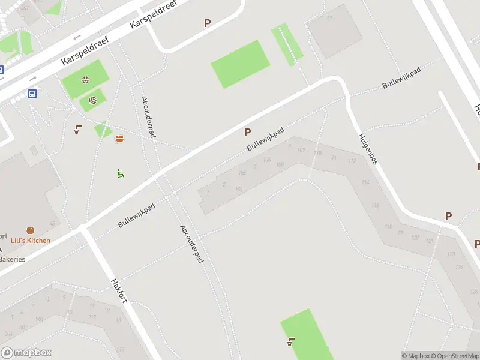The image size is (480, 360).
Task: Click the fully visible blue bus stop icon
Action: click(32, 94)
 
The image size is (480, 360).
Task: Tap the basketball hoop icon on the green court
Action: click(86, 80)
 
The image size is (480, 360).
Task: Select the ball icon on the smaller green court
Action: click(92, 101)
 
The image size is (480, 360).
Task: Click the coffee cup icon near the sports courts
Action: click(78, 128)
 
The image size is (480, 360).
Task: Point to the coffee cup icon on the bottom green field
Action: click(291, 342)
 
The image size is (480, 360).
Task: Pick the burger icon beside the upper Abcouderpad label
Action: click(119, 139)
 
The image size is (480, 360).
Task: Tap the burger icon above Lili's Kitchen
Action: click(30, 230)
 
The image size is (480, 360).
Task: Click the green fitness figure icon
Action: click(121, 173)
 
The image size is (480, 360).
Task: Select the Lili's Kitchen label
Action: click(31, 241)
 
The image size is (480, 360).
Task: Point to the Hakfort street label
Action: click(119, 290)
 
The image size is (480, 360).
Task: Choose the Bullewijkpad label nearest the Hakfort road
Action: click(136, 215)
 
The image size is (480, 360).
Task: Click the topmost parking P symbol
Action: click(208, 23)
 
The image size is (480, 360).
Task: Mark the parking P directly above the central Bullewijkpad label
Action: click(247, 132)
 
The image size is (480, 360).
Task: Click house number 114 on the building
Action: click(365, 182)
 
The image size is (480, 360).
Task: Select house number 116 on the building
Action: click(376, 206)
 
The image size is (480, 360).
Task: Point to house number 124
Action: click(460, 267)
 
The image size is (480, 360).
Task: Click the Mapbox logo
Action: click(26, 353)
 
